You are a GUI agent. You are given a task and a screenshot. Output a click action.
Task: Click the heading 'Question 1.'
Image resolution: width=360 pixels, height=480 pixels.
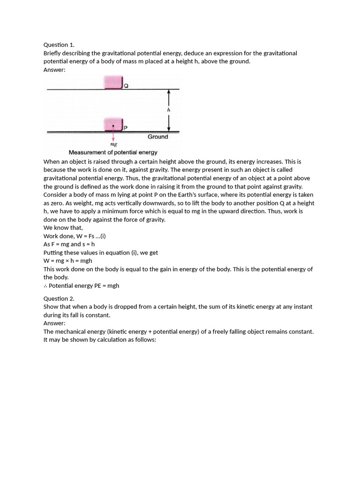pyautogui.click(x=59, y=45)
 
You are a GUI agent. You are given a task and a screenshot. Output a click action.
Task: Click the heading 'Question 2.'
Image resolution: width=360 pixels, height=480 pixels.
pyautogui.click(x=59, y=299)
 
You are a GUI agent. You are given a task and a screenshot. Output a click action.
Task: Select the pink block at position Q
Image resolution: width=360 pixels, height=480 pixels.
pyautogui.click(x=113, y=82)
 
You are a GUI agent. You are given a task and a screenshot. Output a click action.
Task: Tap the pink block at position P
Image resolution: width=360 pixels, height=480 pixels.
pyautogui.click(x=113, y=125)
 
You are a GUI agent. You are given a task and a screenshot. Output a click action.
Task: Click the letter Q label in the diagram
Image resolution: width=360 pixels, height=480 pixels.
pyautogui.click(x=126, y=86)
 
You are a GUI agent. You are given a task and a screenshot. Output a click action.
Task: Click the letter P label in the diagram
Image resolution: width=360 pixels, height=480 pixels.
pyautogui.click(x=126, y=128)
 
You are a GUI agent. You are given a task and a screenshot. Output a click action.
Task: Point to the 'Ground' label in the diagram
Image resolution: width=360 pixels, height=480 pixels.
pyautogui.click(x=157, y=137)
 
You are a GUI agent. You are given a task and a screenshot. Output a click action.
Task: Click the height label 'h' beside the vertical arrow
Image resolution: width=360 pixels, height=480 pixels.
pyautogui.click(x=169, y=110)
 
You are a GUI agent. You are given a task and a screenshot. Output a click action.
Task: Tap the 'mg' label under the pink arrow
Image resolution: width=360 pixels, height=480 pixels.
pyautogui.click(x=113, y=144)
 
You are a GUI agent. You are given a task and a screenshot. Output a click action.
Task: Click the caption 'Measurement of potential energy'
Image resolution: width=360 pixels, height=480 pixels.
pyautogui.click(x=113, y=152)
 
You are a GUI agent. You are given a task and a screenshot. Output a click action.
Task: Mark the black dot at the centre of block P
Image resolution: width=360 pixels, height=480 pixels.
pyautogui.click(x=113, y=126)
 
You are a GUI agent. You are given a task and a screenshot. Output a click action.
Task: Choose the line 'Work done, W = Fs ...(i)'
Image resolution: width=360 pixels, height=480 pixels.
pyautogui.click(x=75, y=236)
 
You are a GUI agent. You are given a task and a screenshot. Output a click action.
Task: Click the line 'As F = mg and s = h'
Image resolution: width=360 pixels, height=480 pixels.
pyautogui.click(x=69, y=244)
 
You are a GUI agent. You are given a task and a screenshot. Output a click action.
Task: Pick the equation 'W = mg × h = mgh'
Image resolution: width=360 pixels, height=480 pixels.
pyautogui.click(x=68, y=261)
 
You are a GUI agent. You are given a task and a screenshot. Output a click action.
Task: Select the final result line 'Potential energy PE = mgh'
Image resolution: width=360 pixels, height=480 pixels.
pyautogui.click(x=82, y=285)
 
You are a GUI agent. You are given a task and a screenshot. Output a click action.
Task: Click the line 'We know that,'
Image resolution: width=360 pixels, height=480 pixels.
pyautogui.click(x=63, y=228)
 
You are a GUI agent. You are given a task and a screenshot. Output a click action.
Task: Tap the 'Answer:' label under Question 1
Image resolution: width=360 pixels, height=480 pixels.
pyautogui.click(x=54, y=70)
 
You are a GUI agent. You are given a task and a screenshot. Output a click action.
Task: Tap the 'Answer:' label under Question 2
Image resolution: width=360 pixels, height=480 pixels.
pyautogui.click(x=54, y=323)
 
